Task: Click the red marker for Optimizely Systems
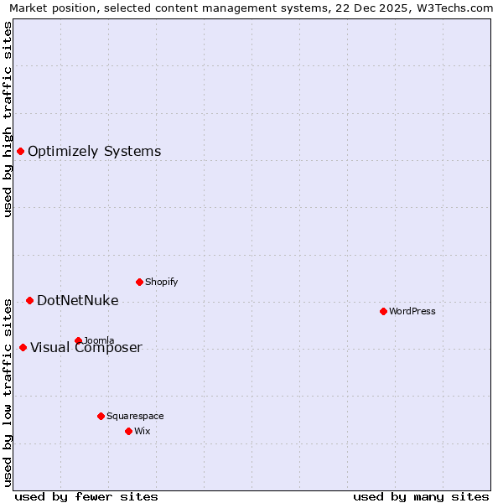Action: pos(20,151)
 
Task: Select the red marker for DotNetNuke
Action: pos(29,300)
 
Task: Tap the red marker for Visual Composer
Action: pos(23,347)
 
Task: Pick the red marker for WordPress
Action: pos(383,311)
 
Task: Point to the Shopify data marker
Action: pos(139,282)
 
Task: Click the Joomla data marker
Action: pos(78,340)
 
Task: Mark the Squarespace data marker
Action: pos(101,416)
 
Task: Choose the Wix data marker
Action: pos(128,431)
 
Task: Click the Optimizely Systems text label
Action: pos(94,152)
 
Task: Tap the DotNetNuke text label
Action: pos(77,301)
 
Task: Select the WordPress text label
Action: pos(412,312)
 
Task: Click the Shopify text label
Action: pos(161,283)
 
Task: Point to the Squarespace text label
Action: pos(135,417)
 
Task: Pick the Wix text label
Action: pos(142,432)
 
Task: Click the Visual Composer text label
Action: pos(86,348)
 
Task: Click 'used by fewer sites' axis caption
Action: pos(86,496)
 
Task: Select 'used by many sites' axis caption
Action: pos(421,496)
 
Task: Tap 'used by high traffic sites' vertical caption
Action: pos(8,119)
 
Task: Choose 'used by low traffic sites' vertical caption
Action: pos(8,391)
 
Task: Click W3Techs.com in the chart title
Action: pos(456,8)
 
